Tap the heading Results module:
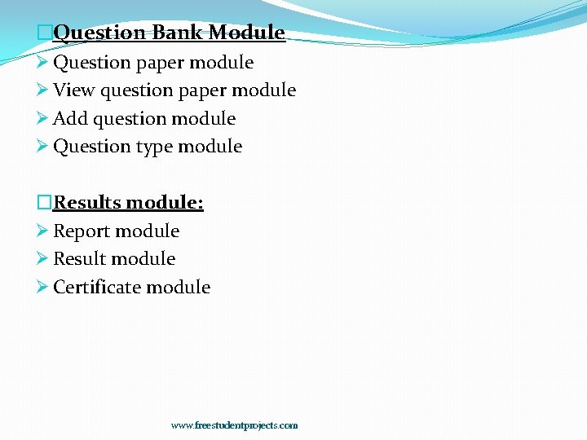pyautogui.click(x=128, y=202)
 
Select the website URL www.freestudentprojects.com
pyautogui.click(x=234, y=425)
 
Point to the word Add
pyautogui.click(x=70, y=119)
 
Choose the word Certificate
pyautogui.click(x=96, y=287)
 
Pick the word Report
pyautogui.click(x=80, y=231)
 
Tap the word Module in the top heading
pyautogui.click(x=246, y=33)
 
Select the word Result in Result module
pyautogui.click(x=77, y=259)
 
